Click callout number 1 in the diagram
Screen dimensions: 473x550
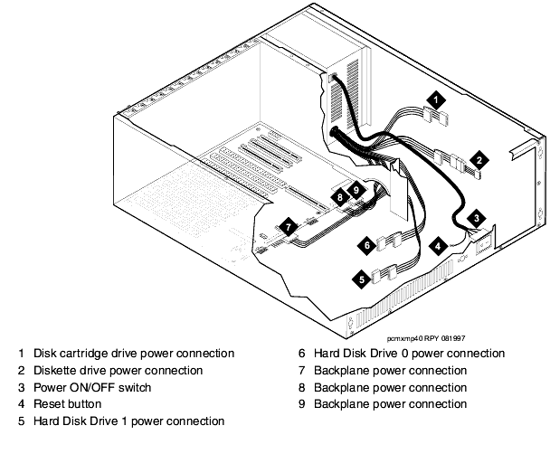coord(436,98)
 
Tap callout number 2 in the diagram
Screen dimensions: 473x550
coord(481,156)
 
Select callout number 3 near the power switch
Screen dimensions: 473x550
coord(479,218)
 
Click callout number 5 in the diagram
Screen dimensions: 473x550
coord(362,279)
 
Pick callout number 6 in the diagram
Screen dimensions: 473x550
coord(367,244)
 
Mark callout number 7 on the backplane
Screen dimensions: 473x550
coord(287,227)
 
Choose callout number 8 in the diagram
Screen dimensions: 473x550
coord(339,196)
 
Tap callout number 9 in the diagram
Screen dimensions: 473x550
coord(356,191)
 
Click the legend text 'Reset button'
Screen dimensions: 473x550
coord(67,404)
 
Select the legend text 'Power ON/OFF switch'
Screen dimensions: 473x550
coord(92,387)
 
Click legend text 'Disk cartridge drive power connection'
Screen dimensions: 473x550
coord(133,353)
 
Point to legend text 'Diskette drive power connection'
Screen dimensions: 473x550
coord(118,370)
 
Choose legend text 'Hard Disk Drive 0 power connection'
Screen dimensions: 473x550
coord(409,353)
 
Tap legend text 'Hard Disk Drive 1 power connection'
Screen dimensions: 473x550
coord(128,421)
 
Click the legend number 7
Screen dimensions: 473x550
coord(301,370)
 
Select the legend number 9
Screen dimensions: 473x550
coord(301,404)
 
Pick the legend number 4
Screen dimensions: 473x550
coord(21,404)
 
